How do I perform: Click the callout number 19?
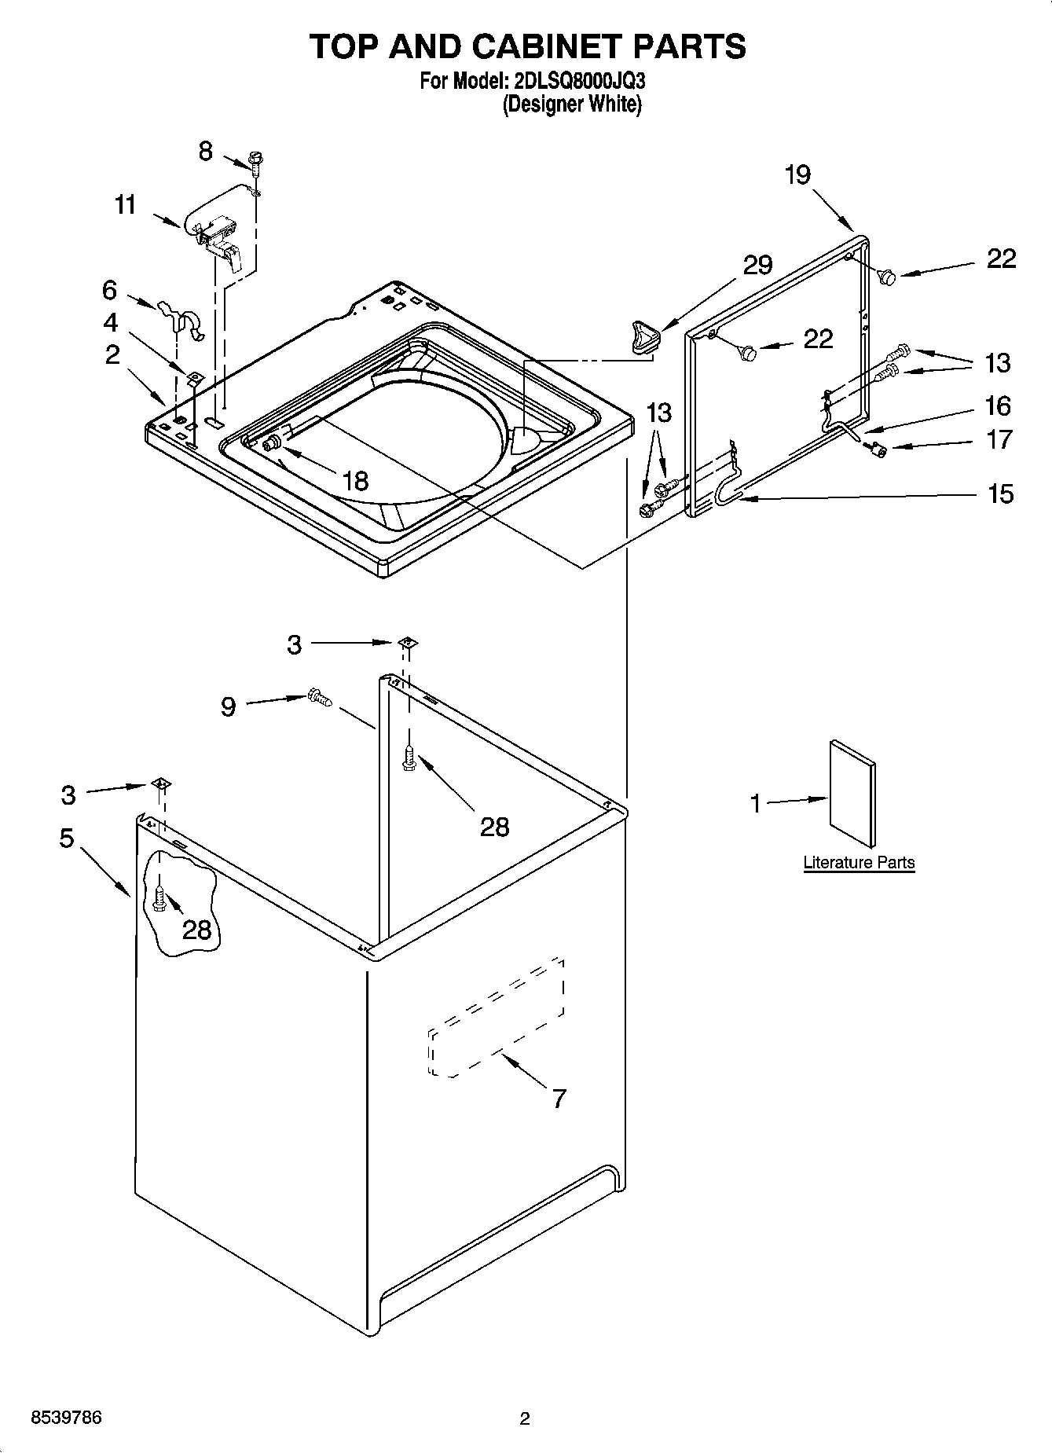797,174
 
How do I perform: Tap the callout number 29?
757,265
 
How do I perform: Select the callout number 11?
126,205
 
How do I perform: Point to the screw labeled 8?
255,160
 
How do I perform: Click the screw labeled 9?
321,696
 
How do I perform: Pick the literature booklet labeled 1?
852,795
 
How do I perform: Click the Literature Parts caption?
859,862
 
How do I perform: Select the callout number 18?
355,480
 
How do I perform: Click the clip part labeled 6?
181,316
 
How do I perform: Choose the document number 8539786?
66,1418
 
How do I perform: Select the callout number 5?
67,838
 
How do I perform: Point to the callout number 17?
999,439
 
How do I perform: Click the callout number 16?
998,405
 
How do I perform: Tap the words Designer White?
572,104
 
